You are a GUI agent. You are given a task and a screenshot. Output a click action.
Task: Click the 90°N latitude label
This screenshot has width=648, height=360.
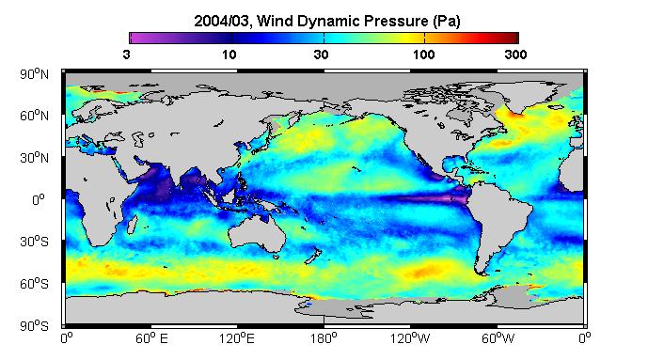[x=34, y=74]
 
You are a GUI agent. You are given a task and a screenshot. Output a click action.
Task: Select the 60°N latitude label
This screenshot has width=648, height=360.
[x=34, y=116]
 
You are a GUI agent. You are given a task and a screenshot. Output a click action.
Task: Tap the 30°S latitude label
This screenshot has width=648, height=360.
[x=34, y=242]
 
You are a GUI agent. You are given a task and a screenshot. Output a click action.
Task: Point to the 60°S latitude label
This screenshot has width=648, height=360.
[x=34, y=284]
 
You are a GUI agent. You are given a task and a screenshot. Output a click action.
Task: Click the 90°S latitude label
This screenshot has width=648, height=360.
[x=34, y=326]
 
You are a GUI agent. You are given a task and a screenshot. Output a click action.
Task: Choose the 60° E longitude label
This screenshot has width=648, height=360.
[x=152, y=339]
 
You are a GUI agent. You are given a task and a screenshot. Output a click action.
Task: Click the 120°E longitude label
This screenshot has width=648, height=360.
[x=237, y=339]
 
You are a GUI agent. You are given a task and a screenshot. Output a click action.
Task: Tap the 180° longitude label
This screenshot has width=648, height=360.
[x=324, y=339]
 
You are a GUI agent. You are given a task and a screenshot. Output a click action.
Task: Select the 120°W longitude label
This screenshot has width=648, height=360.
[x=410, y=339]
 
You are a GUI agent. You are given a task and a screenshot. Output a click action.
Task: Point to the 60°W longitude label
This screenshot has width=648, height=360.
[x=498, y=339]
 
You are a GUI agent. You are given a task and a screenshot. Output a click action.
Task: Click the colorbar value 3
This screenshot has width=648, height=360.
[x=126, y=55]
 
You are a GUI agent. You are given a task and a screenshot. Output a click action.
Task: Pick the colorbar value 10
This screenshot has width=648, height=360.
[x=229, y=55]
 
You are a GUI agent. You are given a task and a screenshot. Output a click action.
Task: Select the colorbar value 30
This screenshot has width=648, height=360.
[x=321, y=55]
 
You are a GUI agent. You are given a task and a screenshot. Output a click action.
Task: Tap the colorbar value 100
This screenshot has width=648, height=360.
[x=424, y=55]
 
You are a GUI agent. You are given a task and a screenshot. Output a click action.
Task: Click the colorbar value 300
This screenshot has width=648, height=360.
[x=515, y=55]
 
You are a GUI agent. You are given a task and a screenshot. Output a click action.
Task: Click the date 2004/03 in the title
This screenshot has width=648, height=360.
[x=222, y=21]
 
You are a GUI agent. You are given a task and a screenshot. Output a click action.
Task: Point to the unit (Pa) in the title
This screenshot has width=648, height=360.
[x=447, y=21]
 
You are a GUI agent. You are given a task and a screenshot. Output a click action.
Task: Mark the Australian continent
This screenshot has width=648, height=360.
[x=258, y=234]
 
